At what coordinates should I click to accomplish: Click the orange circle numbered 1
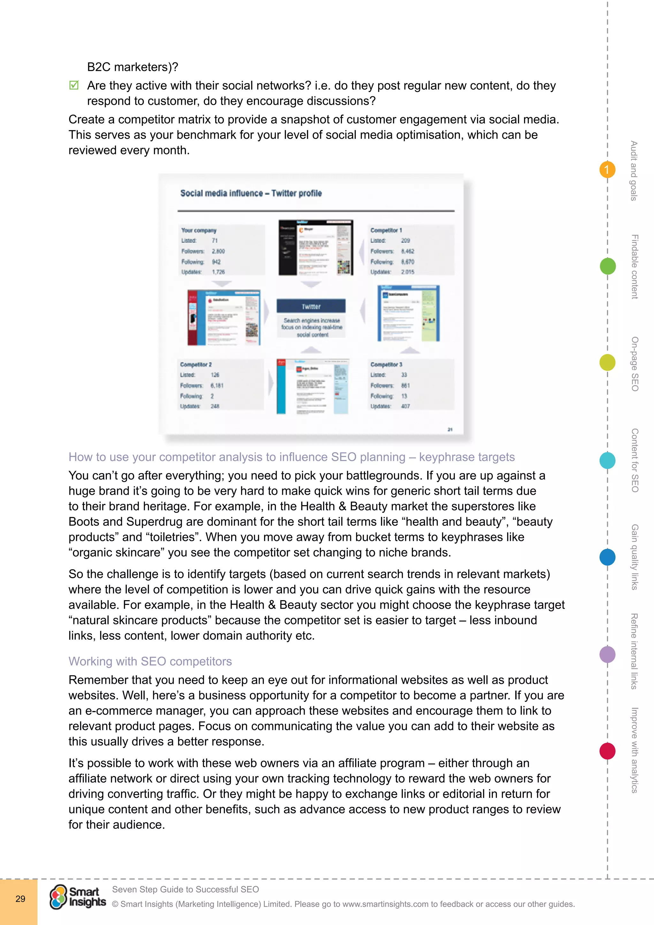click(607, 170)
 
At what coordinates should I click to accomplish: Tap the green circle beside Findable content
click(607, 266)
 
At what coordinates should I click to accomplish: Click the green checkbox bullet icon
click(74, 85)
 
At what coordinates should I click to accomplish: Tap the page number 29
click(20, 898)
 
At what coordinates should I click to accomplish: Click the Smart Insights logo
click(78, 897)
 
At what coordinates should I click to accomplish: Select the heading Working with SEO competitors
click(150, 661)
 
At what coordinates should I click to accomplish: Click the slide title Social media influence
click(251, 193)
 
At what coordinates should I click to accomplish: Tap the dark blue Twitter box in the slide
click(311, 307)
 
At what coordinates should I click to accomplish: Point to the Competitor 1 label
click(386, 230)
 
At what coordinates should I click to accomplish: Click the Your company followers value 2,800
click(218, 251)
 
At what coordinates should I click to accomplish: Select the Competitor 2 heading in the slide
click(196, 364)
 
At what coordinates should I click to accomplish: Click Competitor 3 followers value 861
click(405, 386)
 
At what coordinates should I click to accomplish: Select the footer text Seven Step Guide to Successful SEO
click(185, 889)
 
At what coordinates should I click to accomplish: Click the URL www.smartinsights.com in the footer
click(385, 904)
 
